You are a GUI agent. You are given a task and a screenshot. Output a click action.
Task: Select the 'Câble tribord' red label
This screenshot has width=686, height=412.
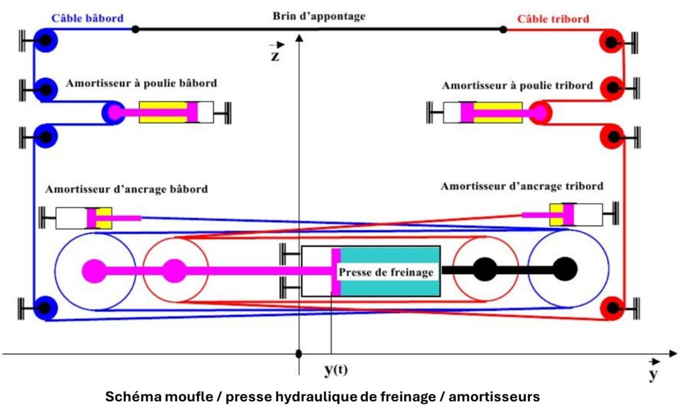click(x=553, y=19)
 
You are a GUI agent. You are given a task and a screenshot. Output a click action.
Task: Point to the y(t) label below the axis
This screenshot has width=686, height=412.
click(x=336, y=370)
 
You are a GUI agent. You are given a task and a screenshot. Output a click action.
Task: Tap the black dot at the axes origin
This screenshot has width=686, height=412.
click(x=299, y=353)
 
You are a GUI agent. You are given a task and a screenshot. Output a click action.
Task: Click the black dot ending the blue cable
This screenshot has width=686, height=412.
click(x=135, y=29)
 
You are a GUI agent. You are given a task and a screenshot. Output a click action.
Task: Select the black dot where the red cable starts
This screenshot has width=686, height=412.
click(x=504, y=29)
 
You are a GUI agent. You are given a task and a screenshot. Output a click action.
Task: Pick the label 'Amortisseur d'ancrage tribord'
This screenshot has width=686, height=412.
click(x=522, y=186)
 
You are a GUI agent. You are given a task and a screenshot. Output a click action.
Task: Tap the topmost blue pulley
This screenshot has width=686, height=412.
click(x=45, y=41)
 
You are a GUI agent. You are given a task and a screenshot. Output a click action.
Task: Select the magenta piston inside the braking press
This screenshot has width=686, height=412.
click(x=336, y=272)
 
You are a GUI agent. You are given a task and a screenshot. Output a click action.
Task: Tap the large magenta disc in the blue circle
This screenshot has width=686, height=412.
click(x=93, y=271)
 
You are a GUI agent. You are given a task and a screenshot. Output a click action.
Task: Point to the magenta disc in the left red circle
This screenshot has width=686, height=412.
click(x=174, y=271)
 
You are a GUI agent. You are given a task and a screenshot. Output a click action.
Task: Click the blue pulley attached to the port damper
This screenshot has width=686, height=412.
click(x=112, y=112)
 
